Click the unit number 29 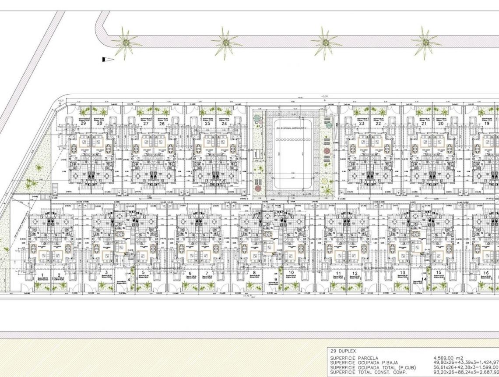(x=83, y=124)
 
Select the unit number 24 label (x=224, y=124)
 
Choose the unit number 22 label (x=378, y=124)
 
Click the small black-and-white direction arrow (x=108, y=59)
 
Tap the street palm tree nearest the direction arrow (x=126, y=43)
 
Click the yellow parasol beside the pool (x=324, y=180)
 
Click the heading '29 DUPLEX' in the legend (x=344, y=351)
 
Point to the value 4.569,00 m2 (x=448, y=358)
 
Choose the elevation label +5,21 (x=61, y=101)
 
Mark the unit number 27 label (x=145, y=124)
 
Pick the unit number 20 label (x=441, y=124)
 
